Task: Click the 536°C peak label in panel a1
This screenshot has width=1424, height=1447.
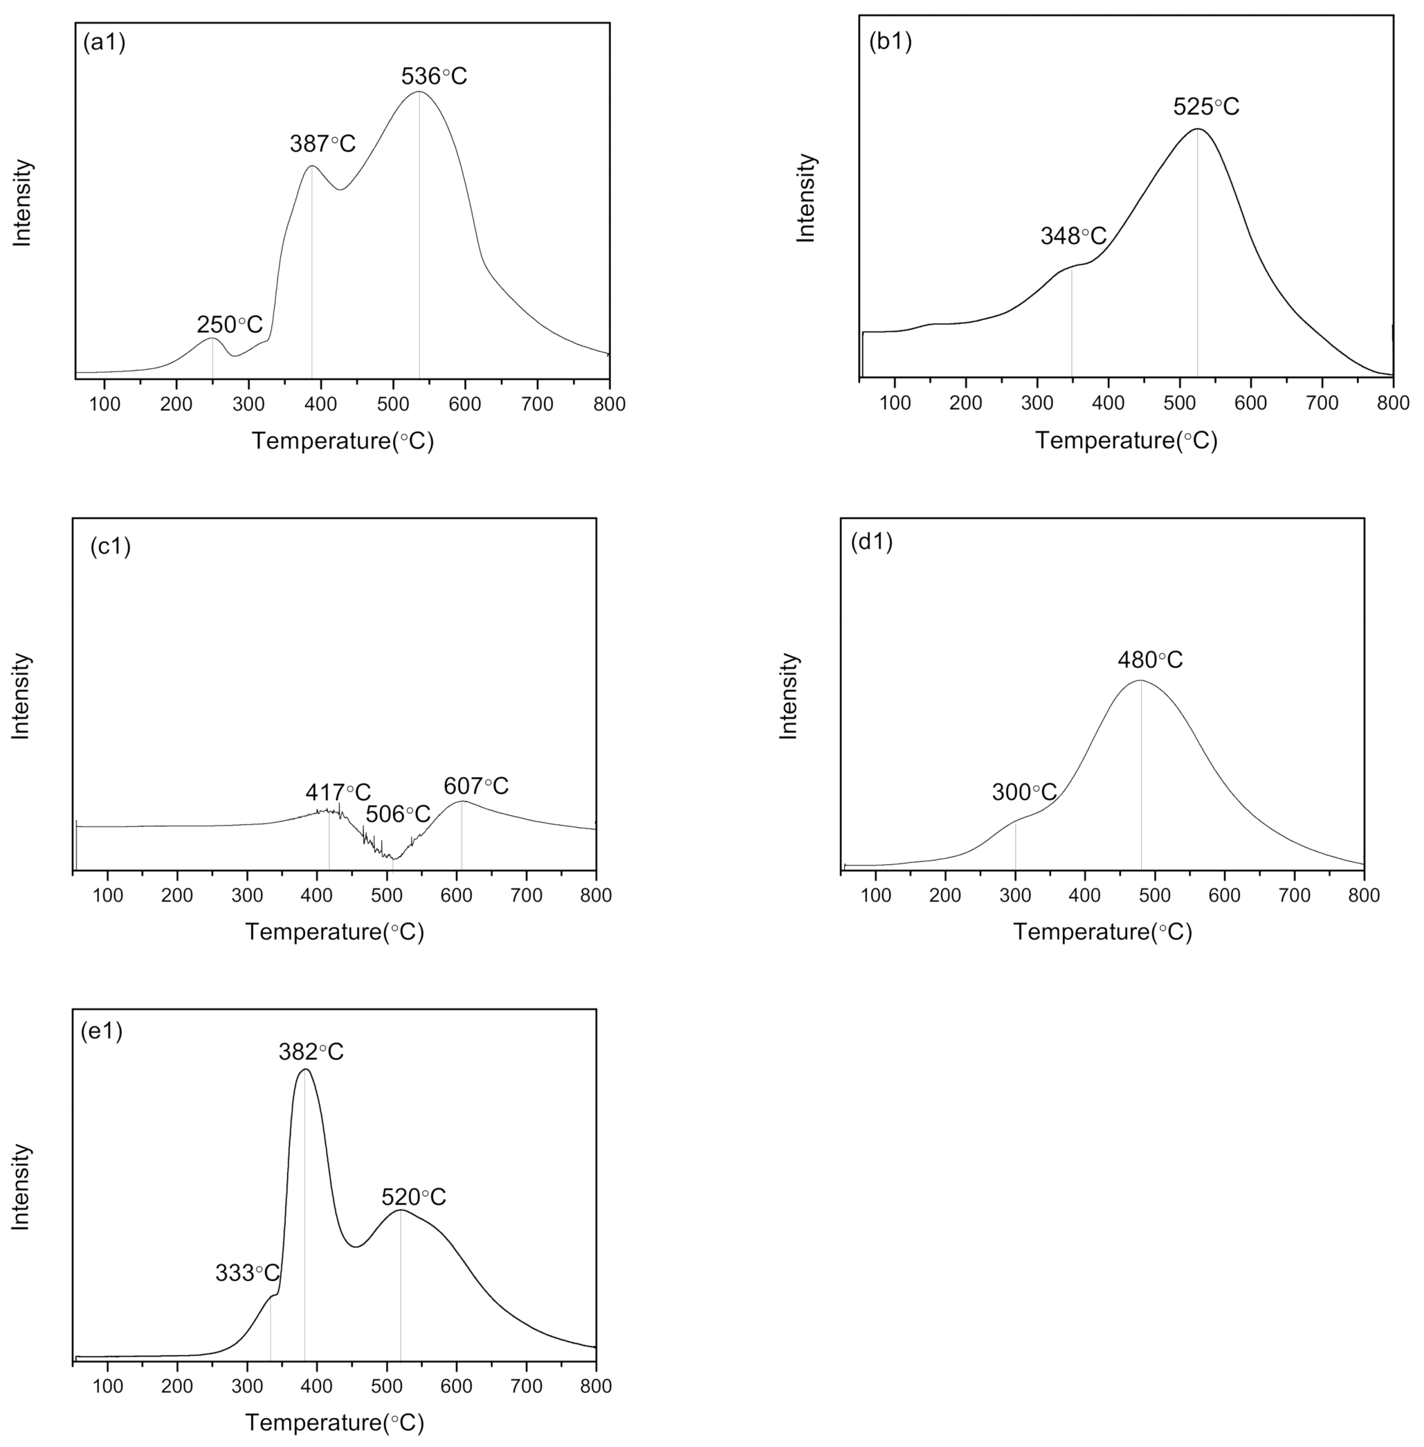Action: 434,76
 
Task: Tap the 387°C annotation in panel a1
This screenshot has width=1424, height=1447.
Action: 323,144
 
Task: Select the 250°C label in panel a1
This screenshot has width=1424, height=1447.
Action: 230,325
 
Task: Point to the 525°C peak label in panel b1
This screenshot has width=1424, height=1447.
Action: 1205,107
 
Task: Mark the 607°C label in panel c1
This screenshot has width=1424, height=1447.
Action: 475,786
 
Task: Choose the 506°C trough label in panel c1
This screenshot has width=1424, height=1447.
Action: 398,814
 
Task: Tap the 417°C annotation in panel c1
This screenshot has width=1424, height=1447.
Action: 337,792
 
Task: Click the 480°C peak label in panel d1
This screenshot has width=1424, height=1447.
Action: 1150,660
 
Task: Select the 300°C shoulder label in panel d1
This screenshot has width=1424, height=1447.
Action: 1024,792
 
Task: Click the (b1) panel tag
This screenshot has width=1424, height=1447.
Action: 890,42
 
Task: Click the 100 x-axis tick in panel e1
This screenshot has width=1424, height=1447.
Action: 108,1386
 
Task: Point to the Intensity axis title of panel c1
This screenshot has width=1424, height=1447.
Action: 21,696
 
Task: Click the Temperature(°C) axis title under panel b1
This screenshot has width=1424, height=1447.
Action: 1126,441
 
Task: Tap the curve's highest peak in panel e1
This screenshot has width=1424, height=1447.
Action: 305,1070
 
